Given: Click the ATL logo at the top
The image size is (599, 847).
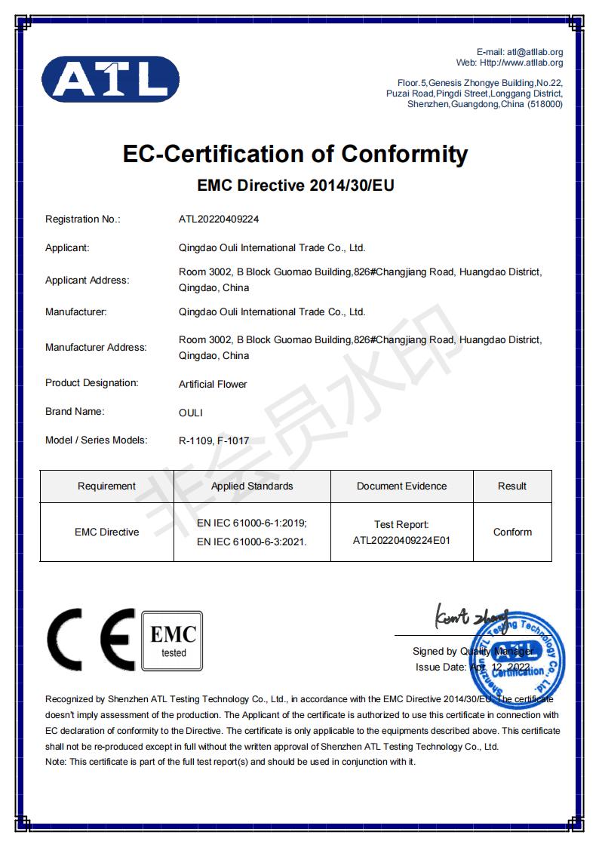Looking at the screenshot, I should click(109, 79).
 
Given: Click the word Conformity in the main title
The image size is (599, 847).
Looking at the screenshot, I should click(404, 154).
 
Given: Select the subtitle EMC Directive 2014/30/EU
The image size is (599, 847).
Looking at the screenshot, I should click(296, 185).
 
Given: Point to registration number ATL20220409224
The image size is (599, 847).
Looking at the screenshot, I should click(219, 219).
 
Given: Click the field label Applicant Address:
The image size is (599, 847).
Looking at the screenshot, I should click(87, 280).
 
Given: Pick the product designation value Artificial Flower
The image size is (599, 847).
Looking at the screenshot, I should click(213, 384).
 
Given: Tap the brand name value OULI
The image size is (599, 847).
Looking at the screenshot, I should click(191, 413).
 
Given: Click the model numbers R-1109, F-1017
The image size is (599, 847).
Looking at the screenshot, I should click(214, 441).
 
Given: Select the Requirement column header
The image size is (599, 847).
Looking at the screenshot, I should click(106, 486).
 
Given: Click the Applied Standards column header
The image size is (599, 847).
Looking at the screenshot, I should click(252, 486).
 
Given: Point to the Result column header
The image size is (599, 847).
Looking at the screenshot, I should click(512, 486).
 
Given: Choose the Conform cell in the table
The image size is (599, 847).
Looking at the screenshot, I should click(512, 532).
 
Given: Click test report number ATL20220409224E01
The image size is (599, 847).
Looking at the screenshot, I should click(401, 540).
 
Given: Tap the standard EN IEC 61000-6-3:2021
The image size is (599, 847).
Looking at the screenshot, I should click(252, 541).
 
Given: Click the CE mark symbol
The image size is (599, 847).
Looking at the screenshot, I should click(91, 640).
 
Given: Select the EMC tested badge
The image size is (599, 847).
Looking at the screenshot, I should click(173, 640).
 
